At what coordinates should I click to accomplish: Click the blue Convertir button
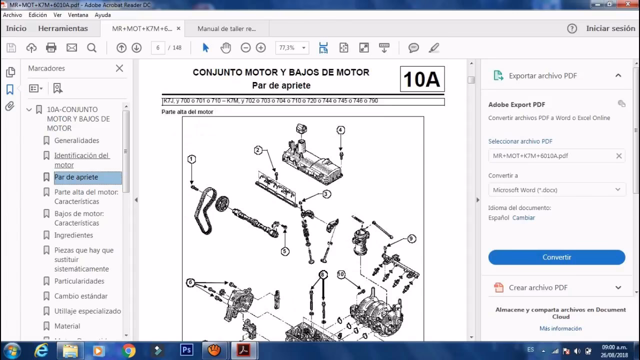pos(556,257)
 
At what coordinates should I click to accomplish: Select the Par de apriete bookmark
pos(76,177)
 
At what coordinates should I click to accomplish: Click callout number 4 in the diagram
pos(340,130)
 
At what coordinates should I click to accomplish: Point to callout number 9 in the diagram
pos(411,239)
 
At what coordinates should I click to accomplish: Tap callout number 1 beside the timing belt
pos(191,159)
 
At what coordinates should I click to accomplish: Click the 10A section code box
pos(422,79)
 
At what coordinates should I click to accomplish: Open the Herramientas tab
pos(63,28)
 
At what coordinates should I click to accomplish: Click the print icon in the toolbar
pos(51,48)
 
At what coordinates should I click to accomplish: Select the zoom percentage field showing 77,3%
pos(287,48)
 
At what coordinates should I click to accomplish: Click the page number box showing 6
pos(158,48)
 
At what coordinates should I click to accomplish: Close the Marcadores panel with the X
pos(119,68)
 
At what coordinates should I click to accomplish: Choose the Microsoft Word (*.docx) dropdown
pos(556,190)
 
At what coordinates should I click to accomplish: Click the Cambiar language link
pos(523,218)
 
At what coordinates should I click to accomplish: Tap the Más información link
pos(560,328)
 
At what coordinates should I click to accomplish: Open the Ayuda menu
pos(102,15)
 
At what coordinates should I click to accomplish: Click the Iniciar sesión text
pos(610,28)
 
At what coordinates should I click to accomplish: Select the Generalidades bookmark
pos(76,140)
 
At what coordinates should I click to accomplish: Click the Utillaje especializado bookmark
pos(87,311)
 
